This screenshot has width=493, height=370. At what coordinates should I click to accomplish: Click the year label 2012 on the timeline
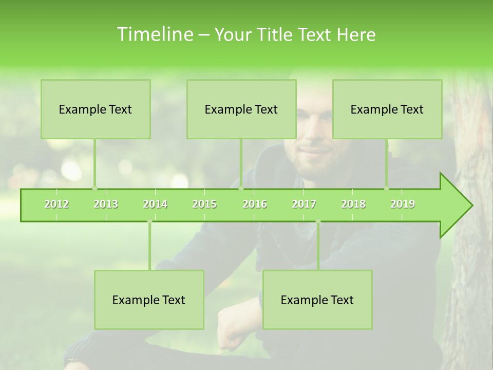[56, 204]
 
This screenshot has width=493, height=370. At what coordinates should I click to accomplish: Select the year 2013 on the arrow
[106, 204]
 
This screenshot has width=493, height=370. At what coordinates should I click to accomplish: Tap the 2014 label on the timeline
[155, 204]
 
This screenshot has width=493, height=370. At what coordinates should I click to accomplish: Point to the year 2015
[204, 204]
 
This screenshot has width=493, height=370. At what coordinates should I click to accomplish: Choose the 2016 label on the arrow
[255, 204]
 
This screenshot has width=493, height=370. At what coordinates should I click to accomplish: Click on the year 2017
[304, 204]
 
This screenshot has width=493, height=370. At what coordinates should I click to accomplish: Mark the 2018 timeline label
[353, 204]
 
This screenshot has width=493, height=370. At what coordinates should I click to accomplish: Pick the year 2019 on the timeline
[403, 204]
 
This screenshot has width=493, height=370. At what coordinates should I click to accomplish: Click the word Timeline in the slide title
[154, 34]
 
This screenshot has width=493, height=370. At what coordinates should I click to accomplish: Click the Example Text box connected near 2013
[96, 109]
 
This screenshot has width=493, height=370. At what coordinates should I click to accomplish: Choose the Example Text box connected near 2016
[241, 109]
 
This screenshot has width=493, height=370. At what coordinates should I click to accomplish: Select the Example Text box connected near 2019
[387, 109]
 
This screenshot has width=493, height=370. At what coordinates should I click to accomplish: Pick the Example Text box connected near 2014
[149, 300]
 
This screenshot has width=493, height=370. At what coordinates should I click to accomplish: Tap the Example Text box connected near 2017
[317, 300]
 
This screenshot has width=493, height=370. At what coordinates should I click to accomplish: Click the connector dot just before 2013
[94, 188]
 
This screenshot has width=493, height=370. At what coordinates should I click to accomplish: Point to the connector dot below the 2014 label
[149, 221]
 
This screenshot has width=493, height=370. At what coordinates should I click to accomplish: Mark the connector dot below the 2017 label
[318, 221]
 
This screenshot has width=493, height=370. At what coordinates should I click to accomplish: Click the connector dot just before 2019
[386, 188]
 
